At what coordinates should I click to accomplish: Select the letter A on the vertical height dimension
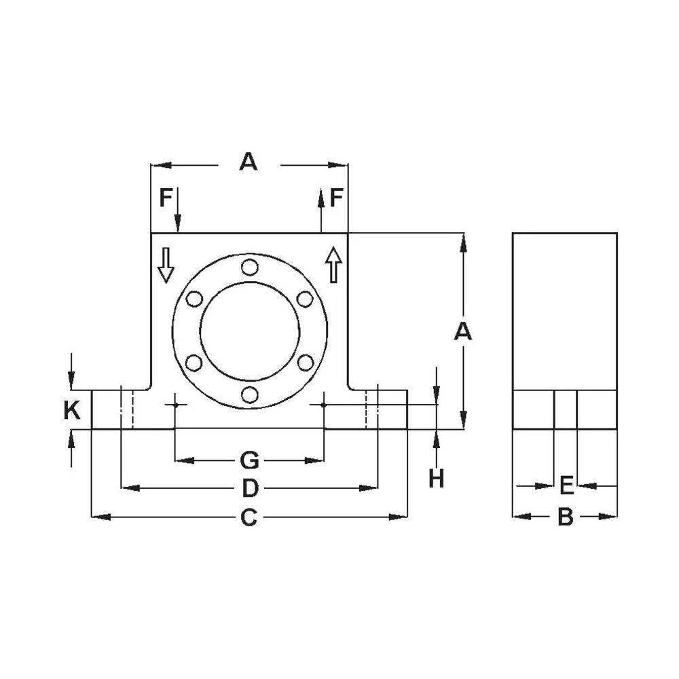click(x=462, y=331)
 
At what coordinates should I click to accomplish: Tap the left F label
click(x=166, y=198)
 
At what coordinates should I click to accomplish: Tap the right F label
click(x=337, y=198)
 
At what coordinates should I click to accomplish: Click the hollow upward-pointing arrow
click(x=333, y=265)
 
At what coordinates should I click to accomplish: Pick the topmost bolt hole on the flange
click(x=250, y=267)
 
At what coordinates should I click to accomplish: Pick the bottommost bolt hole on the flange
click(x=250, y=394)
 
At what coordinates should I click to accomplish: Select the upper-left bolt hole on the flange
click(x=194, y=299)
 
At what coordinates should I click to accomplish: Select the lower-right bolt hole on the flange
click(x=306, y=363)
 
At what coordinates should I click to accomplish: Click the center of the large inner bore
click(x=250, y=331)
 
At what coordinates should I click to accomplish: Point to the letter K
click(x=72, y=410)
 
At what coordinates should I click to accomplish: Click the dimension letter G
click(x=249, y=461)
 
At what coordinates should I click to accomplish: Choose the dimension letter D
click(x=249, y=488)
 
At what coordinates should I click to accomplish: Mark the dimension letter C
click(x=249, y=517)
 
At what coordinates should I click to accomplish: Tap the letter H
click(x=436, y=479)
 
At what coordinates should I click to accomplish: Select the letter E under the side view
click(x=566, y=486)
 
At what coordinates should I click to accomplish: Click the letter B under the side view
click(x=565, y=517)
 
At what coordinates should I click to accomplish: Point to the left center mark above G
click(x=175, y=405)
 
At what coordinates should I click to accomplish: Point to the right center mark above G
click(x=324, y=405)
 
